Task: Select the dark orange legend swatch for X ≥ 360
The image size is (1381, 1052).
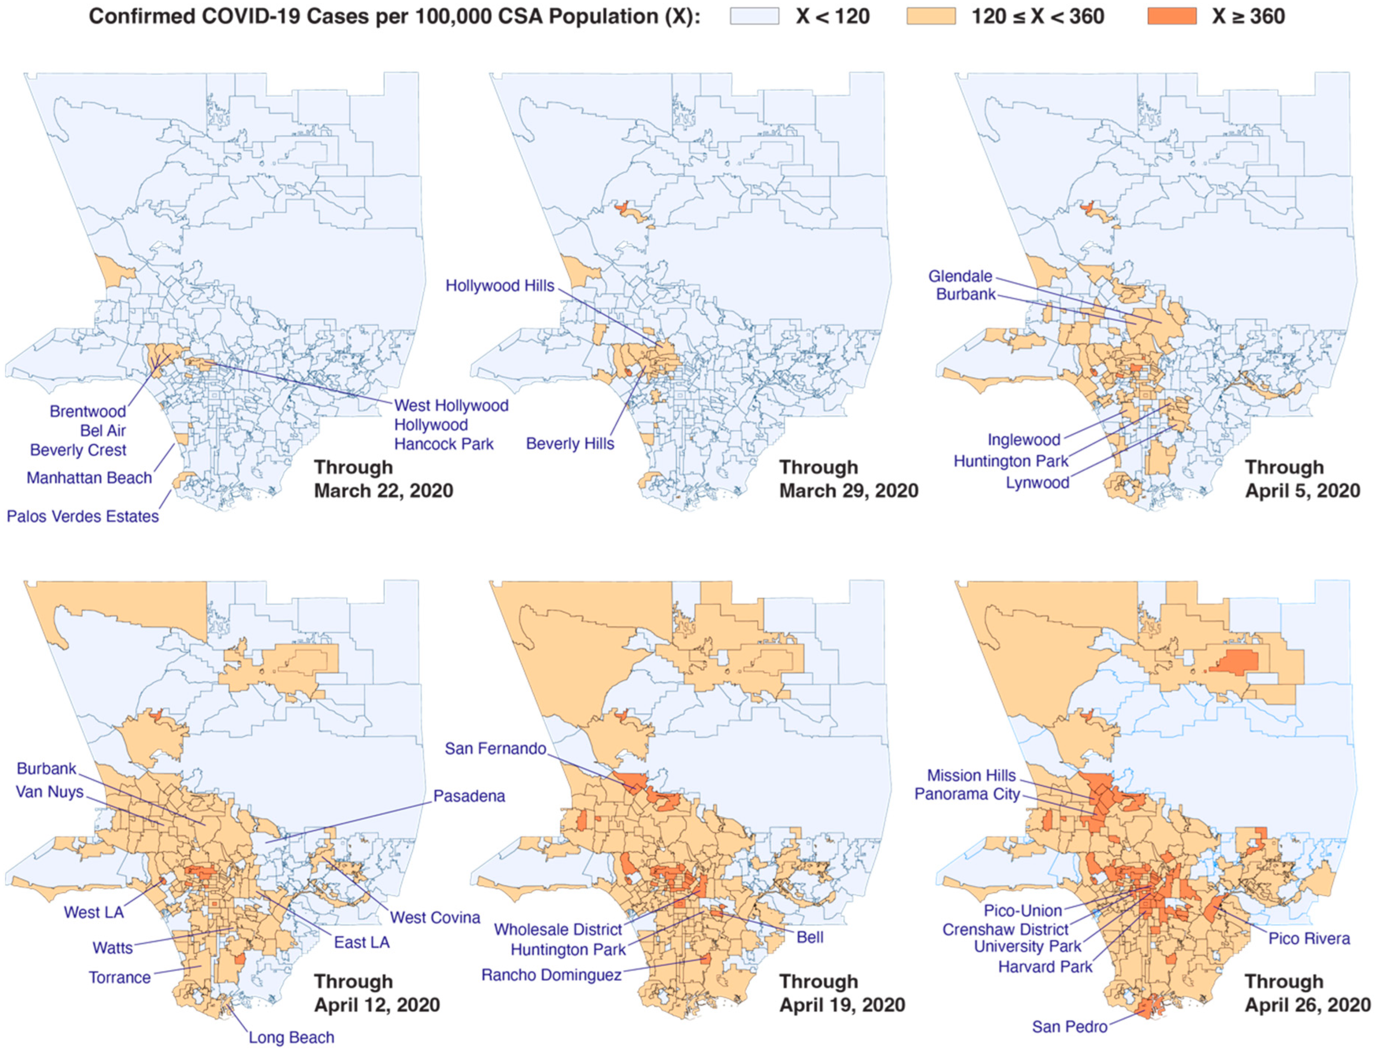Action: click(1172, 16)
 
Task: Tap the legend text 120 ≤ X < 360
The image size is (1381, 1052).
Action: click(1037, 16)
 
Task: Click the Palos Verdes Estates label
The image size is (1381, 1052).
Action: click(83, 517)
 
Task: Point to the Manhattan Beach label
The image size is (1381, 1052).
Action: click(89, 478)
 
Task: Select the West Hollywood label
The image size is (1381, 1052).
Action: click(451, 406)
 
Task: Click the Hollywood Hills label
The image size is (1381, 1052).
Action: click(500, 286)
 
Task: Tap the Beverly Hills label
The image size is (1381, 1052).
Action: click(570, 444)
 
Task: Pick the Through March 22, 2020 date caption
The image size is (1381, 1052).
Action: click(383, 479)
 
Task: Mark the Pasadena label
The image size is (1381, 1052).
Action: click(469, 796)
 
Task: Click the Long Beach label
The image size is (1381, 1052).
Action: click(291, 1038)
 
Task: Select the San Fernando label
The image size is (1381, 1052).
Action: click(495, 748)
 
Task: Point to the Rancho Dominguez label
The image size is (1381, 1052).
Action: click(551, 975)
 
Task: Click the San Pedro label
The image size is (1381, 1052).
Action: click(1069, 1027)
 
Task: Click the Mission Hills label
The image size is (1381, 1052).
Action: click(971, 775)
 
